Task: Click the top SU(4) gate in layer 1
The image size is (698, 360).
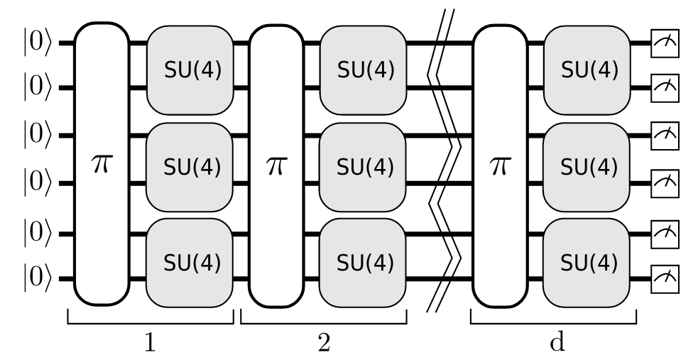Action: pos(191,69)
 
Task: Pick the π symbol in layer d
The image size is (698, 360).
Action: pos(500,165)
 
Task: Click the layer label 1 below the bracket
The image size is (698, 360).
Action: pos(150,342)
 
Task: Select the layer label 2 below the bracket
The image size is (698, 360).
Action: pos(324,342)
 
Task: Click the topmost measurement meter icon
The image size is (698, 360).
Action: pos(665,45)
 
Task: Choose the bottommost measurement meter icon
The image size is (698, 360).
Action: pos(665,276)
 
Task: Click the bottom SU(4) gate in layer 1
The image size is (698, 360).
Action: pos(191,262)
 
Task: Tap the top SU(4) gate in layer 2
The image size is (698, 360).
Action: pos(364,69)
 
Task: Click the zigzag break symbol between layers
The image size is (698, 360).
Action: pos(445,163)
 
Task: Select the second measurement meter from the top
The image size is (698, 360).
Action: pos(665,88)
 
